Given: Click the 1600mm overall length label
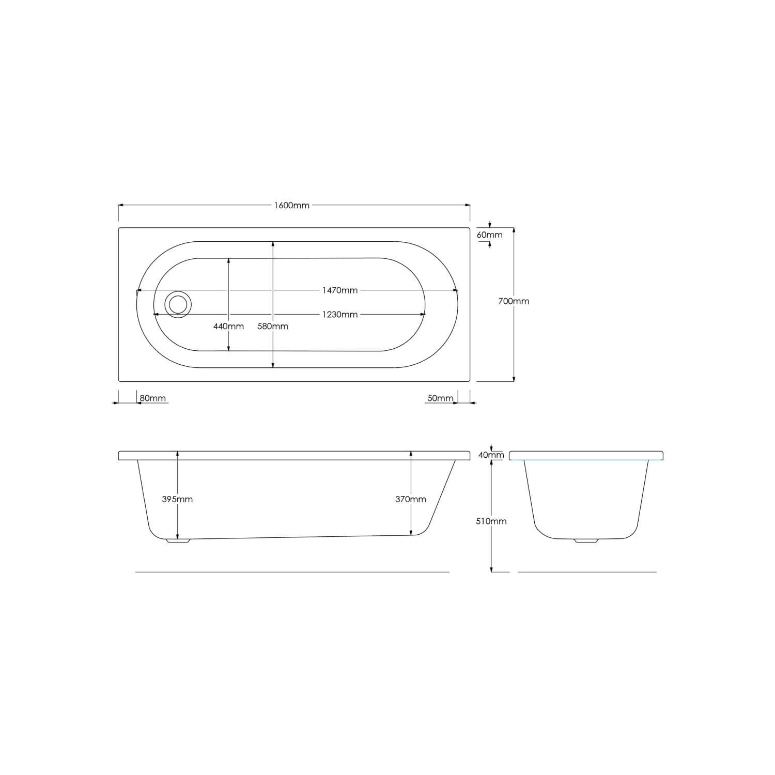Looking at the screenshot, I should click(292, 206).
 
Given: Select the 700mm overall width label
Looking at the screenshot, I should click(514, 301).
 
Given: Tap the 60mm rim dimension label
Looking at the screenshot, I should click(489, 235).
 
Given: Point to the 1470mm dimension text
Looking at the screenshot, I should click(339, 290).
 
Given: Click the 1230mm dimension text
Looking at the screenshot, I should click(339, 315).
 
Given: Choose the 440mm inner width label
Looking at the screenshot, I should click(228, 327).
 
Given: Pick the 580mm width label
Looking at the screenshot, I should click(273, 327).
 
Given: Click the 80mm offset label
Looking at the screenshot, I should click(153, 398).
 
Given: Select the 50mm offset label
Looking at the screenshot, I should click(440, 398).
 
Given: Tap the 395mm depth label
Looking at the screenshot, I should click(177, 499).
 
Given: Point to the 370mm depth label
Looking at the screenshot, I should click(411, 499).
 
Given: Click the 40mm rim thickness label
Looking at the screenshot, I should click(491, 455).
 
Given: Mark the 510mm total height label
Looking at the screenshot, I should click(491, 521).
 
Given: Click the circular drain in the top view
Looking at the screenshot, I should click(178, 304).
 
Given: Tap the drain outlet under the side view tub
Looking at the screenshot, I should click(178, 540).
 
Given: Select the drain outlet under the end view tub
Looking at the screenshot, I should click(586, 540).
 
